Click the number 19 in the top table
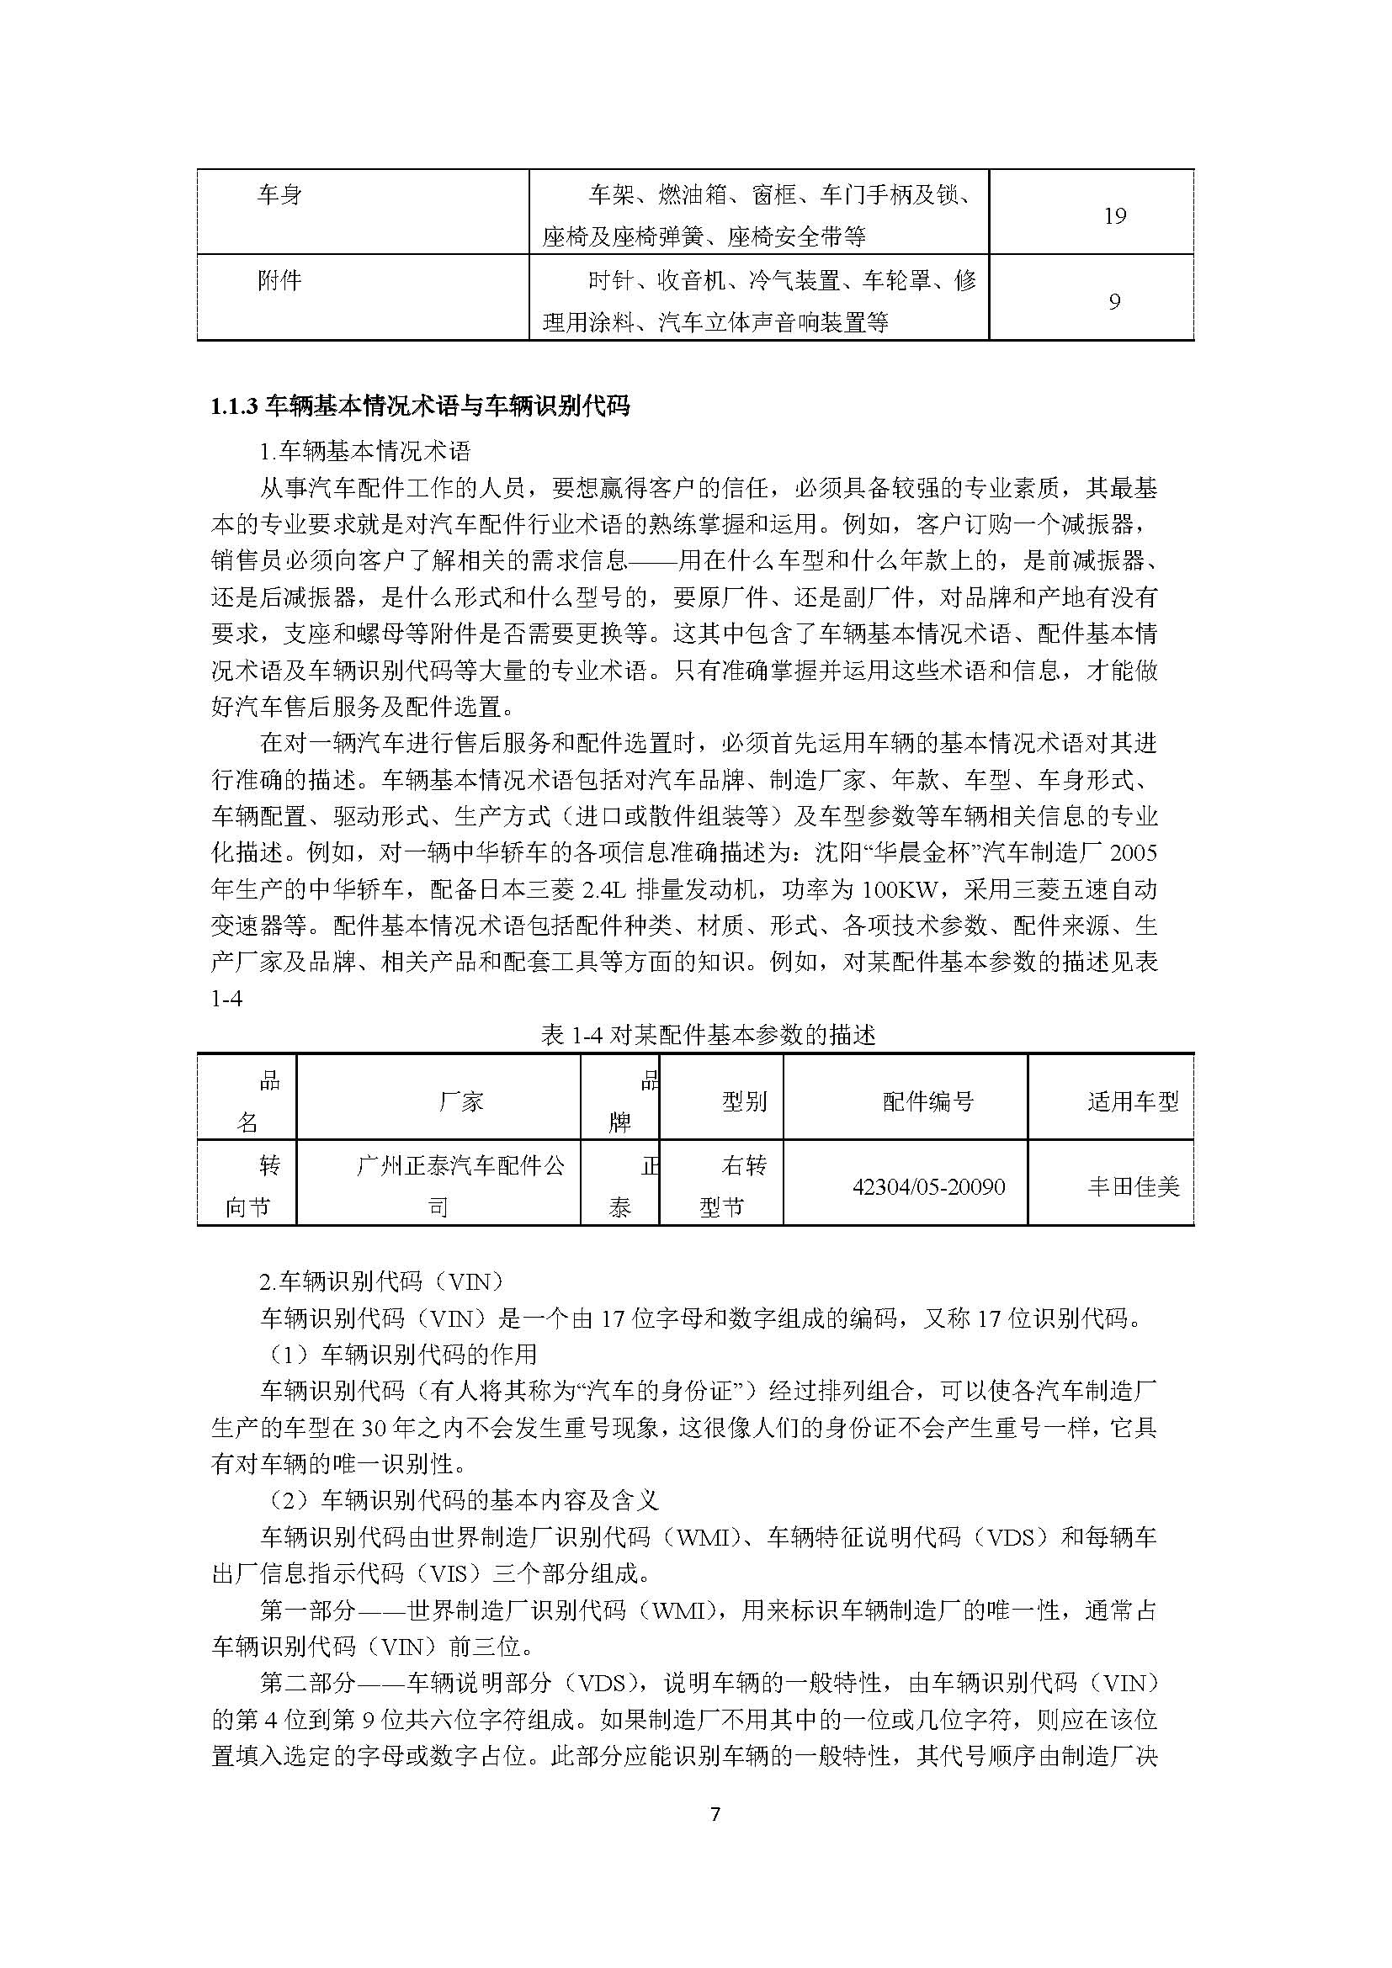pyautogui.click(x=1114, y=216)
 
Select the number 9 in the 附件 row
pyautogui.click(x=1114, y=302)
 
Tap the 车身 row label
pyautogui.click(x=279, y=195)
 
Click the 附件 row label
pyautogui.click(x=279, y=280)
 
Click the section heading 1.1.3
pyautogui.click(x=420, y=406)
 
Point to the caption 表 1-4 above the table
pyautogui.click(x=708, y=1036)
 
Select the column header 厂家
pyautogui.click(x=461, y=1101)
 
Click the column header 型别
pyautogui.click(x=744, y=1101)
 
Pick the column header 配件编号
pyautogui.click(x=928, y=1101)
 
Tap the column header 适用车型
pyautogui.click(x=1133, y=1101)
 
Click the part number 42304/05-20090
pyautogui.click(x=928, y=1187)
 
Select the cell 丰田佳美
pyautogui.click(x=1133, y=1187)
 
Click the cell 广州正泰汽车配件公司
pyautogui.click(x=460, y=1186)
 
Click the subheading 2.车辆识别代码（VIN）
pyautogui.click(x=381, y=1281)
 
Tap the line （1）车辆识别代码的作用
pyautogui.click(x=399, y=1355)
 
